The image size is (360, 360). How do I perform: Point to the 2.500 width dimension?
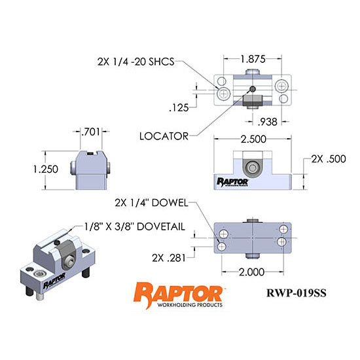click(253, 140)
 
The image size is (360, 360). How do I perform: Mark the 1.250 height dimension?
click(46, 169)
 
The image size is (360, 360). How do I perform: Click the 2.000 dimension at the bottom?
click(253, 271)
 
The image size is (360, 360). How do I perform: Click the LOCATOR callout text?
click(164, 136)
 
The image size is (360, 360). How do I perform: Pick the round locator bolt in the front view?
click(251, 166)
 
